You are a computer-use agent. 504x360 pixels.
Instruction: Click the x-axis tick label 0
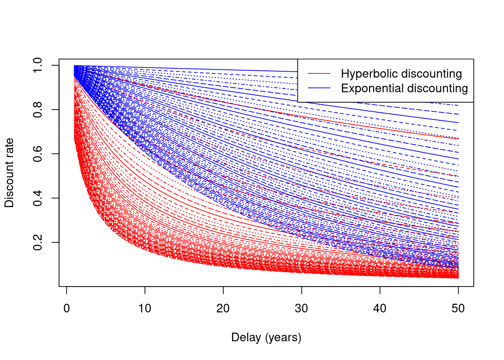pos(67,309)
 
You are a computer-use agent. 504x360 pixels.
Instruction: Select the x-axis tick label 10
pos(145,309)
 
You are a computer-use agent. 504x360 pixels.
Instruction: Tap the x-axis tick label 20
pos(223,309)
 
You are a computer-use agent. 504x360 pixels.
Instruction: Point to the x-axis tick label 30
pos(301,309)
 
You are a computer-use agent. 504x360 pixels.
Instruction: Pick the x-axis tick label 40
pos(380,309)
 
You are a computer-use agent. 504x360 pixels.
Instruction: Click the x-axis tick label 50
pos(458,309)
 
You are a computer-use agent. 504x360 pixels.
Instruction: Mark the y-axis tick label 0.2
pos(37,242)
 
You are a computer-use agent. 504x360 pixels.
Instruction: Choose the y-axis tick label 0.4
pos(37,198)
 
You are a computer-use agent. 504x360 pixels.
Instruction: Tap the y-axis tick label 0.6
pos(37,154)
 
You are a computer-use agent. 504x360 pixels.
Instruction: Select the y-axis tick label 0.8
pos(37,109)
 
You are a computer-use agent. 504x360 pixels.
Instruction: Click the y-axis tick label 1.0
pos(37,65)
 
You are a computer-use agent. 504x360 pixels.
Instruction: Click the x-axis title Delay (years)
pos(266,337)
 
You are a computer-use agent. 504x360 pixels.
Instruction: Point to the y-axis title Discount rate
pos(9,173)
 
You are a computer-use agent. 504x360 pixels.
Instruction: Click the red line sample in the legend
pos(319,74)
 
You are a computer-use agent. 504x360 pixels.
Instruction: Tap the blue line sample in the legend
pos(319,88)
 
